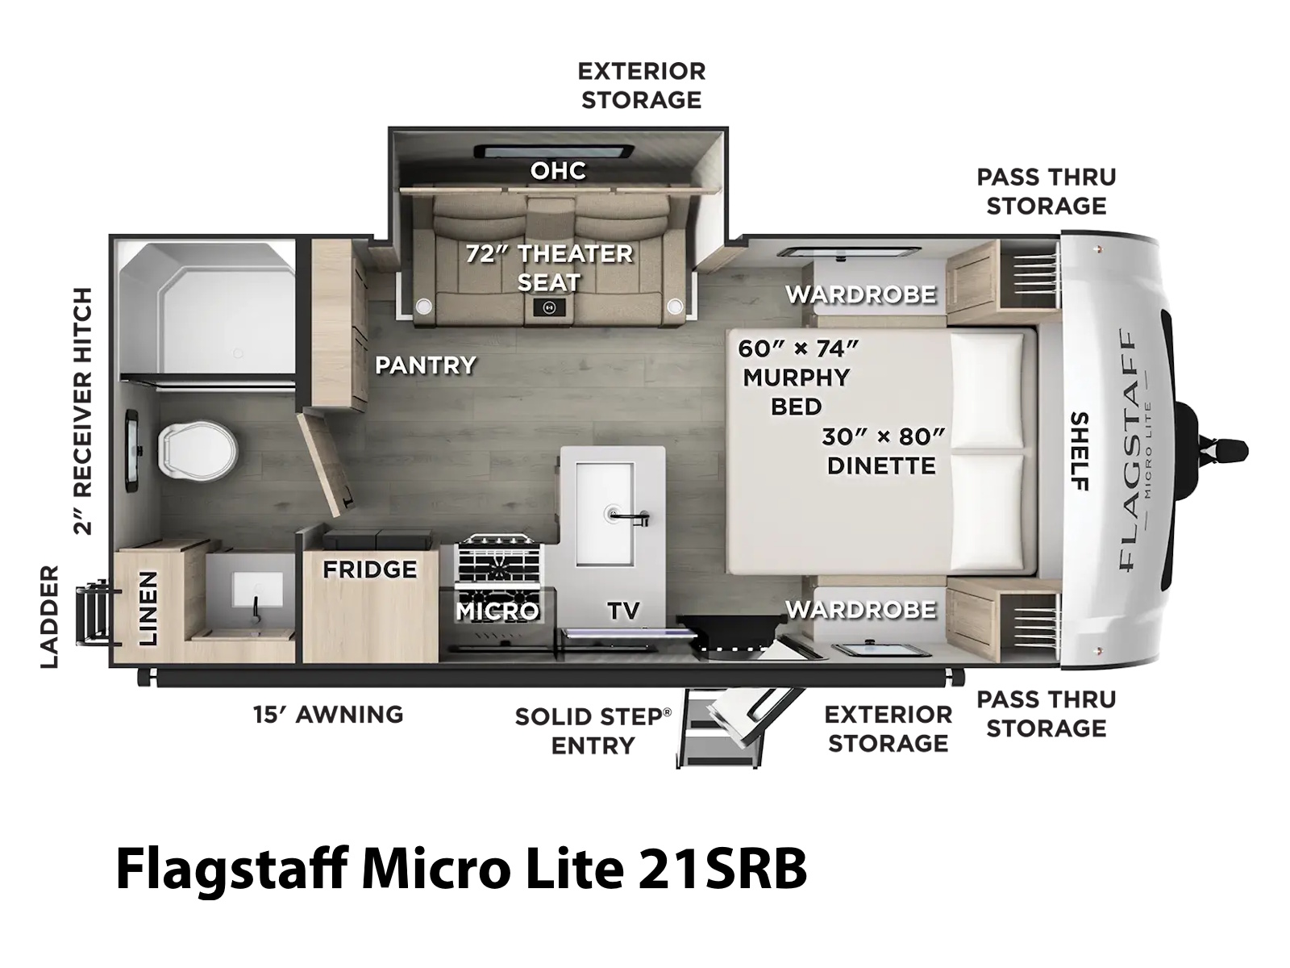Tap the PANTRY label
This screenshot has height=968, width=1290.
coord(426,365)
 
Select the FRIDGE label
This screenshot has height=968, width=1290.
coord(369,569)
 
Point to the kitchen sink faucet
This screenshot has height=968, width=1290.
coord(629,517)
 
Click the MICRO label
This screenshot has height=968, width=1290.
coord(497,611)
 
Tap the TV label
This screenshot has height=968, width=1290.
coord(623,611)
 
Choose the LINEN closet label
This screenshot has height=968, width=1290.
coord(148,609)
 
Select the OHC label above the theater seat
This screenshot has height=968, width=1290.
coord(558,170)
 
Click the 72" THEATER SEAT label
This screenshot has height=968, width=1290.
coord(549,268)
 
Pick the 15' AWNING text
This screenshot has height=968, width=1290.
coord(328,715)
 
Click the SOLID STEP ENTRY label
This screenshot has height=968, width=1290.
coord(593,731)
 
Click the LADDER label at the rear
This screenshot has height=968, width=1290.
coord(50,616)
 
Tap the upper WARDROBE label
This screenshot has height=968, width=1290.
coord(861,294)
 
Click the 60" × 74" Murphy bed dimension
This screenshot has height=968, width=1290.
coord(798,348)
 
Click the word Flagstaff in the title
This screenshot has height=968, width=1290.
coord(232,870)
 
